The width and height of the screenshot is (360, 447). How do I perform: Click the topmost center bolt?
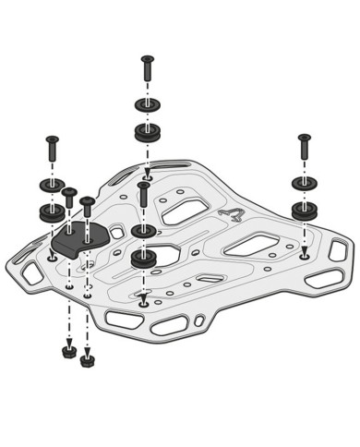[x=147, y=69]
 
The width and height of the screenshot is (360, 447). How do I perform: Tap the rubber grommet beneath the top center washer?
[x=147, y=132]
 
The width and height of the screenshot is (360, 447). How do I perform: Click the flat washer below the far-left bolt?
[x=52, y=185]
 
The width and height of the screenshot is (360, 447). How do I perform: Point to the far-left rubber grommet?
[x=52, y=212]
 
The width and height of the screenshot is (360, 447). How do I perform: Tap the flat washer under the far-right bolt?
[x=304, y=182]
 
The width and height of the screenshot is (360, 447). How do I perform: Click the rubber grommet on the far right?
[x=304, y=210]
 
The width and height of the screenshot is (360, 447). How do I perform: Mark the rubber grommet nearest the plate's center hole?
[x=143, y=258]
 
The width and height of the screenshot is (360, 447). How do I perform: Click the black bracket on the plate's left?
[x=78, y=240]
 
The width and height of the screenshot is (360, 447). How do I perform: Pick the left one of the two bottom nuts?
[x=68, y=351]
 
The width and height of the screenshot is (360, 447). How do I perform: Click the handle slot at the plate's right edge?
[x=339, y=250]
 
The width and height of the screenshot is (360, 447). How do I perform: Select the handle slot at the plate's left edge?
[x=30, y=272]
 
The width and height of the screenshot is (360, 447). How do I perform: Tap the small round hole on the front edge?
[x=199, y=321]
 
